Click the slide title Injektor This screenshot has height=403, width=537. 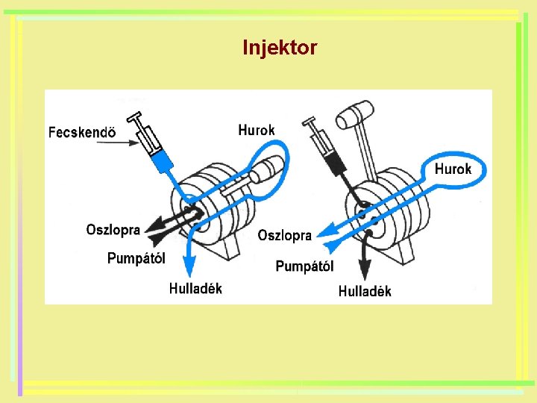280,49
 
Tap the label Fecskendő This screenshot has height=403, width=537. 82,133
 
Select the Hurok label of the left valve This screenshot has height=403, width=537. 257,130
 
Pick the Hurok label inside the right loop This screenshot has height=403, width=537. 453,169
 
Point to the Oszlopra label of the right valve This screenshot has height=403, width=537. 285,236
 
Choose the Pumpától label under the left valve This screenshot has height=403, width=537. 136,258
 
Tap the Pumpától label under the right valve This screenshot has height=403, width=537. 305,266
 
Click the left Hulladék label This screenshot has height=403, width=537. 195,288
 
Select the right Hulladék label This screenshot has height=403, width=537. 365,291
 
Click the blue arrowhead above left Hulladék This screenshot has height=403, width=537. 189,269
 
